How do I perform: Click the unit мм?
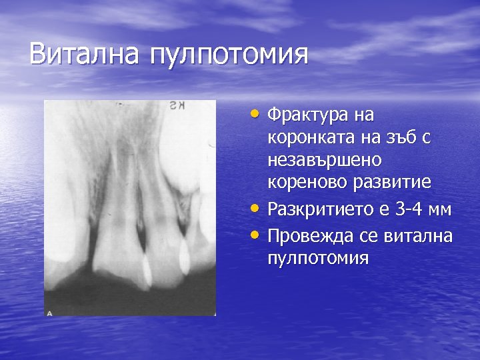pyautogui.click(x=441, y=211)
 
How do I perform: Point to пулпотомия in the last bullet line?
pyautogui.click(x=317, y=258)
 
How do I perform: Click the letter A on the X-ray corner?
pyautogui.click(x=49, y=311)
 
